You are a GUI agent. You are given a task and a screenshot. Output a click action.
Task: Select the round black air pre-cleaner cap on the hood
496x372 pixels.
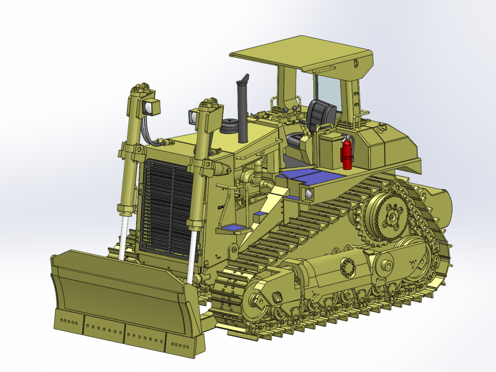pos(229,126)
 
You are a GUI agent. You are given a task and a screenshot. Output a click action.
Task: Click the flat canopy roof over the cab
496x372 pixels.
pos(301,55)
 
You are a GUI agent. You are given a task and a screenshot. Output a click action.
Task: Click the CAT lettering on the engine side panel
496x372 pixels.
pos(220,208)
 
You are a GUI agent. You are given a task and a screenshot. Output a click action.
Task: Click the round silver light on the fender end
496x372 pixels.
pos(310,193)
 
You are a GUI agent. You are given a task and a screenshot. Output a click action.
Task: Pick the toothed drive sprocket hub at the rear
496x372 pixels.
pos(392,216)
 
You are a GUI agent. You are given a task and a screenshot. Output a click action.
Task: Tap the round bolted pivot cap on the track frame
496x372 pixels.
pos(348,268)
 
